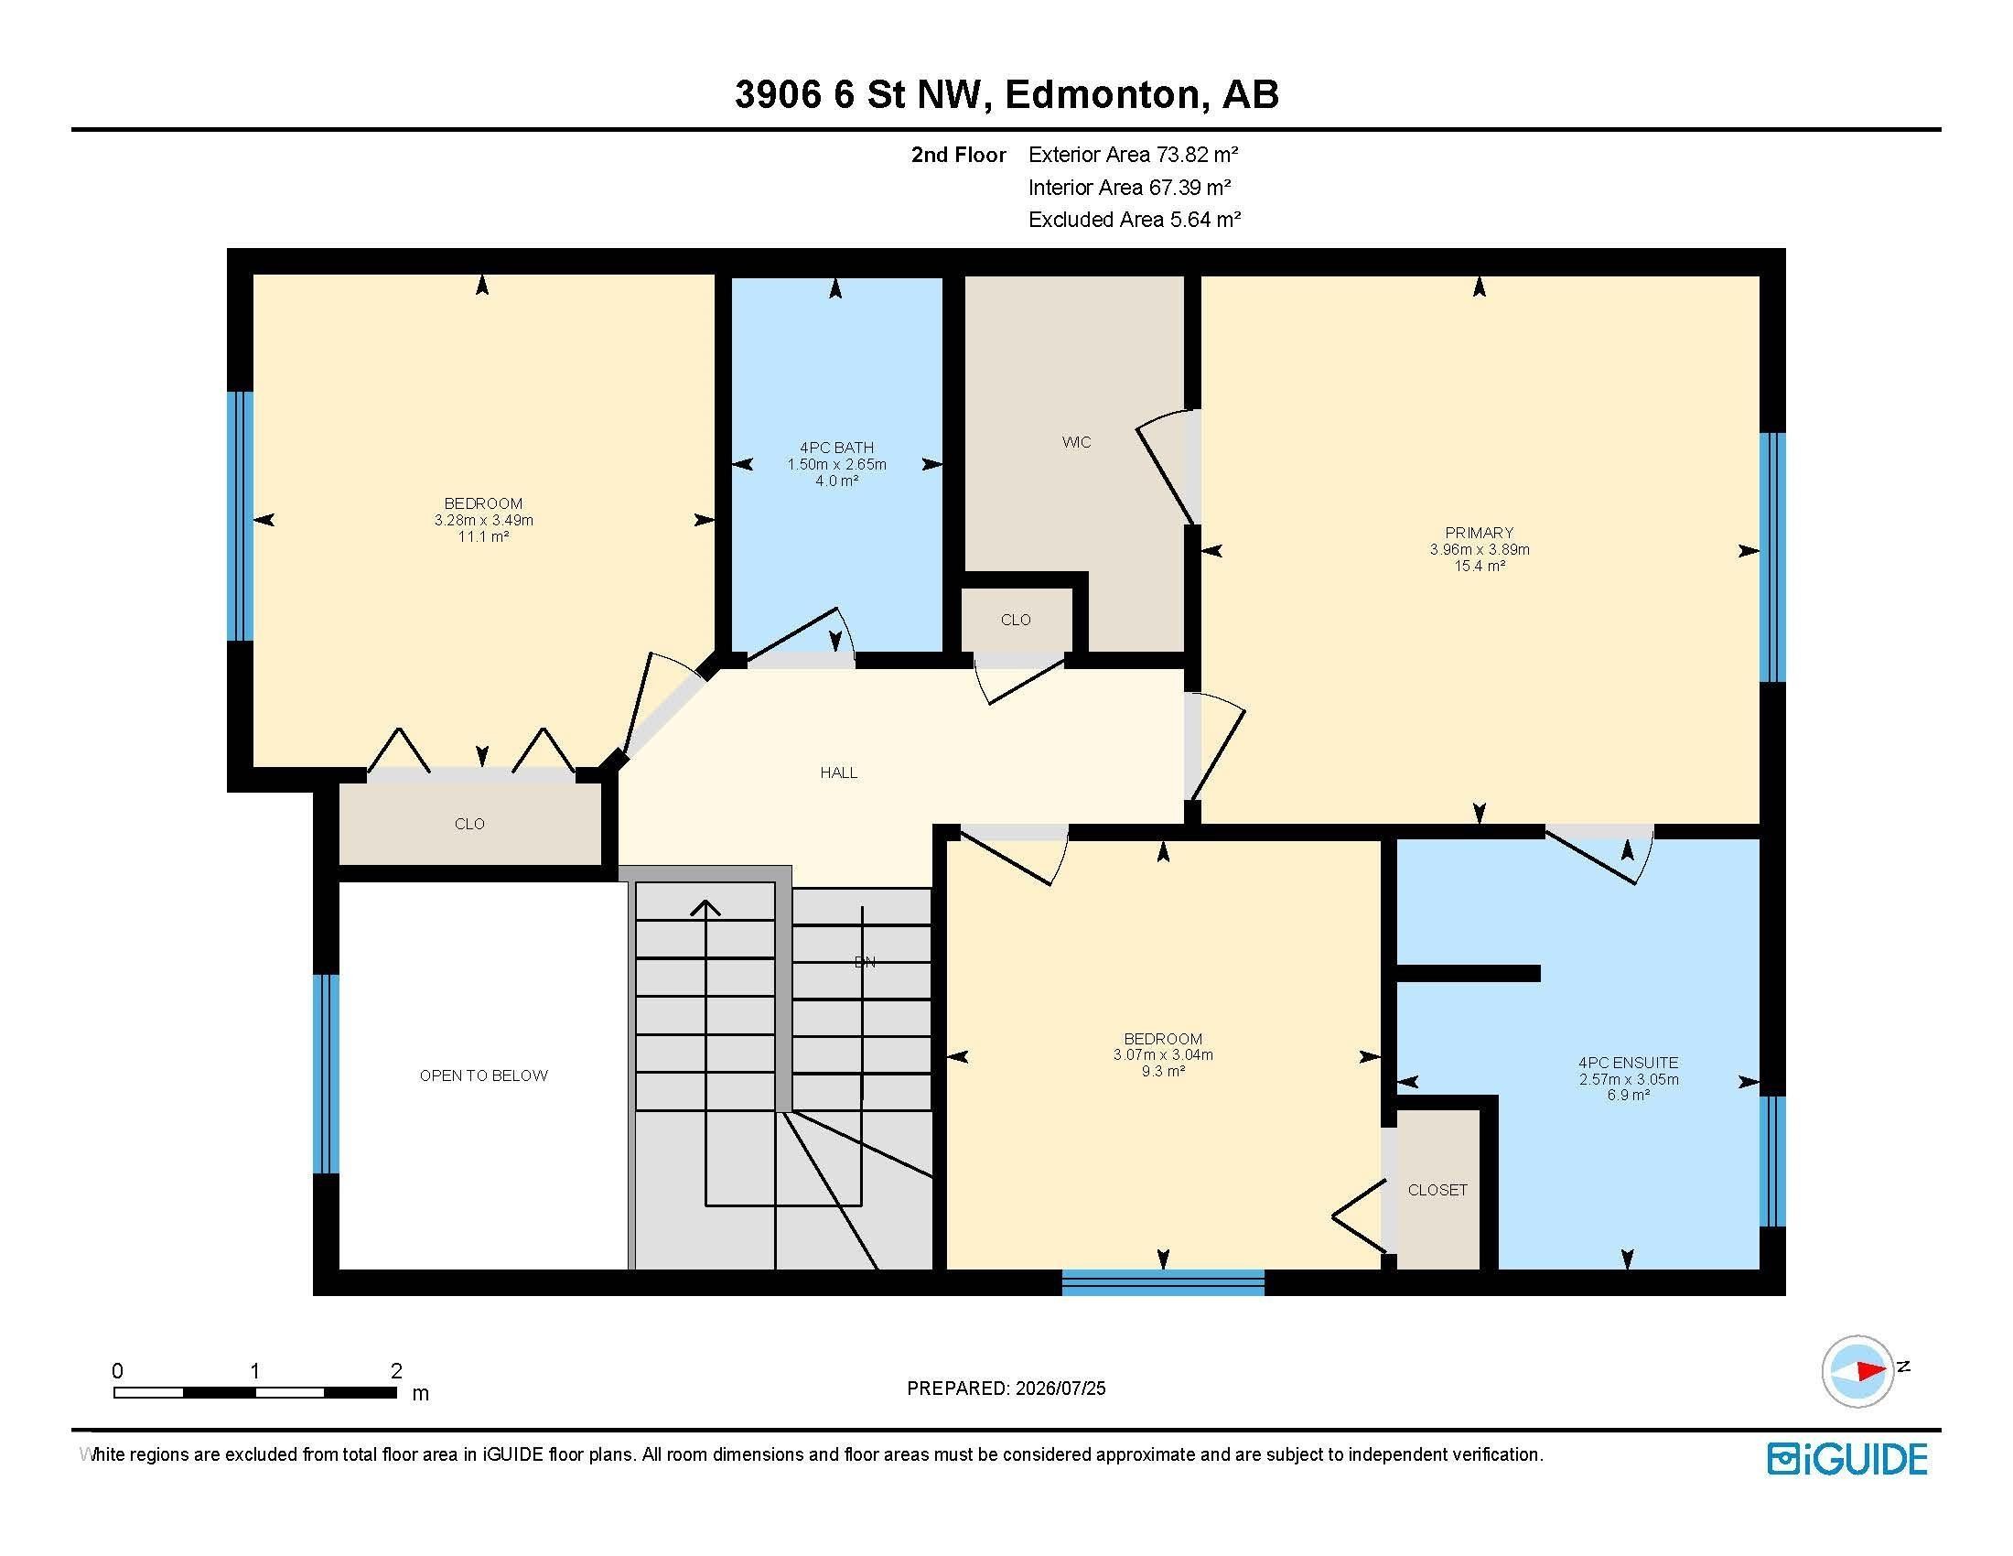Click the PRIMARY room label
[x=1479, y=532]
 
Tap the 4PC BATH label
[x=836, y=448]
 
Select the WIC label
[x=1076, y=442]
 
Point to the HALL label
[x=839, y=773]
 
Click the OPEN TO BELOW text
[x=483, y=1075]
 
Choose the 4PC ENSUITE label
[x=1628, y=1063]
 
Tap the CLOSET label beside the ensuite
[x=1437, y=1190]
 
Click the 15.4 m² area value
[x=1480, y=566]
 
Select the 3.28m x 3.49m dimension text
[x=483, y=520]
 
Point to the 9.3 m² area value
[x=1162, y=1071]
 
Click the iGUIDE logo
[x=1847, y=1459]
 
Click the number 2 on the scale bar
[x=396, y=1371]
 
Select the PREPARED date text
[x=1006, y=1389]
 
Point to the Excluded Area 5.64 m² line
[x=1135, y=220]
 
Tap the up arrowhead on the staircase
[x=706, y=908]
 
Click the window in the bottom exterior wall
[x=1162, y=1282]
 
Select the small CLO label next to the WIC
[x=1016, y=620]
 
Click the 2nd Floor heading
[x=959, y=155]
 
